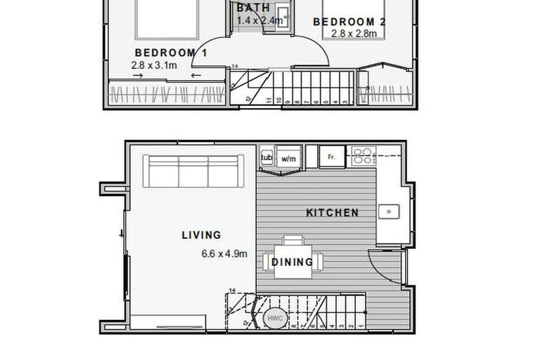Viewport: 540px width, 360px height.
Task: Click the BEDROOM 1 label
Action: (x=171, y=53)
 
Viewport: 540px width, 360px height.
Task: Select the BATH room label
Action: (x=252, y=8)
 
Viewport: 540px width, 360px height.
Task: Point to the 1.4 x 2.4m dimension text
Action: (x=259, y=20)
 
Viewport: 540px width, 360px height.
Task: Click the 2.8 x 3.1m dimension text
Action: (x=155, y=65)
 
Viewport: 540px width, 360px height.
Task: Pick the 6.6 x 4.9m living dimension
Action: (x=224, y=255)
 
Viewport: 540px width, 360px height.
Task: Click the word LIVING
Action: (x=201, y=236)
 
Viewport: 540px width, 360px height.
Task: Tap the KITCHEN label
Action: (x=333, y=212)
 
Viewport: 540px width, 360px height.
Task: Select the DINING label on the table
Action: (x=292, y=262)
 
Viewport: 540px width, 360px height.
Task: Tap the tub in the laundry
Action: (x=266, y=157)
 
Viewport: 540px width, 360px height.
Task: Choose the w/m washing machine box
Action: (x=288, y=158)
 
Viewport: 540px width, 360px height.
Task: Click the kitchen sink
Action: (x=387, y=211)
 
